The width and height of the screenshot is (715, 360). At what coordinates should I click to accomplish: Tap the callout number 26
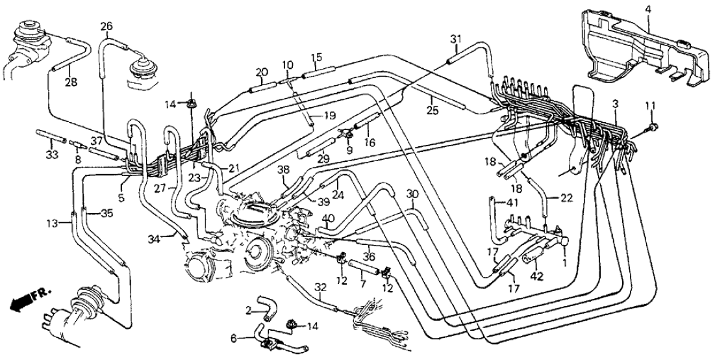tap(107, 27)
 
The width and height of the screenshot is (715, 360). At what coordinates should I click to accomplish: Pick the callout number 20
tap(262, 72)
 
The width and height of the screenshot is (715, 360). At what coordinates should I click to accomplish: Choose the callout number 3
tap(615, 104)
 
